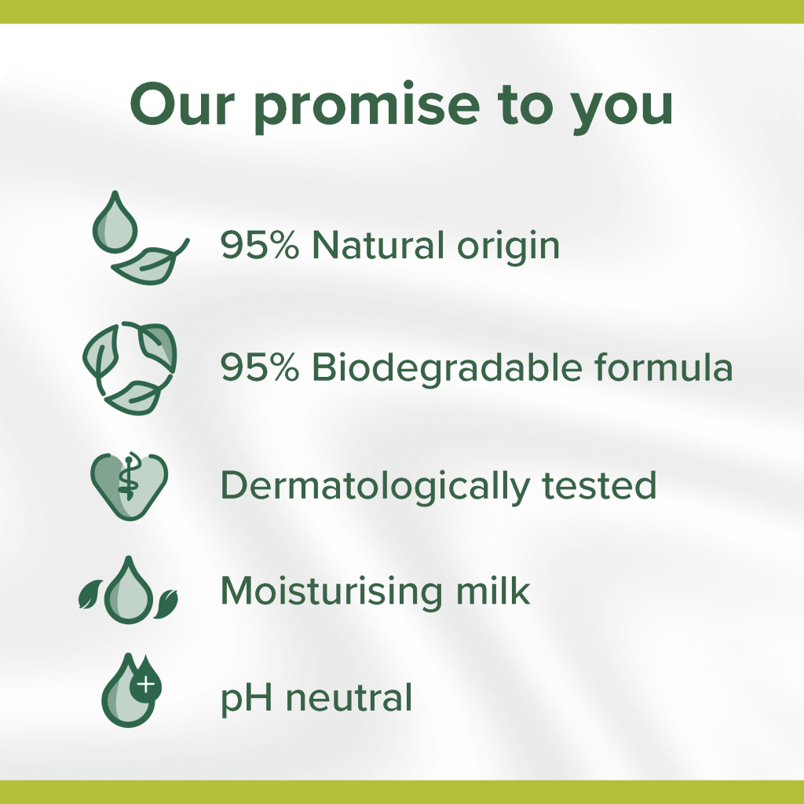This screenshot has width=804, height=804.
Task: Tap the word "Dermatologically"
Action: [374, 487]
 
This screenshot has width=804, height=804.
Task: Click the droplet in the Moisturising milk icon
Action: [128, 593]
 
